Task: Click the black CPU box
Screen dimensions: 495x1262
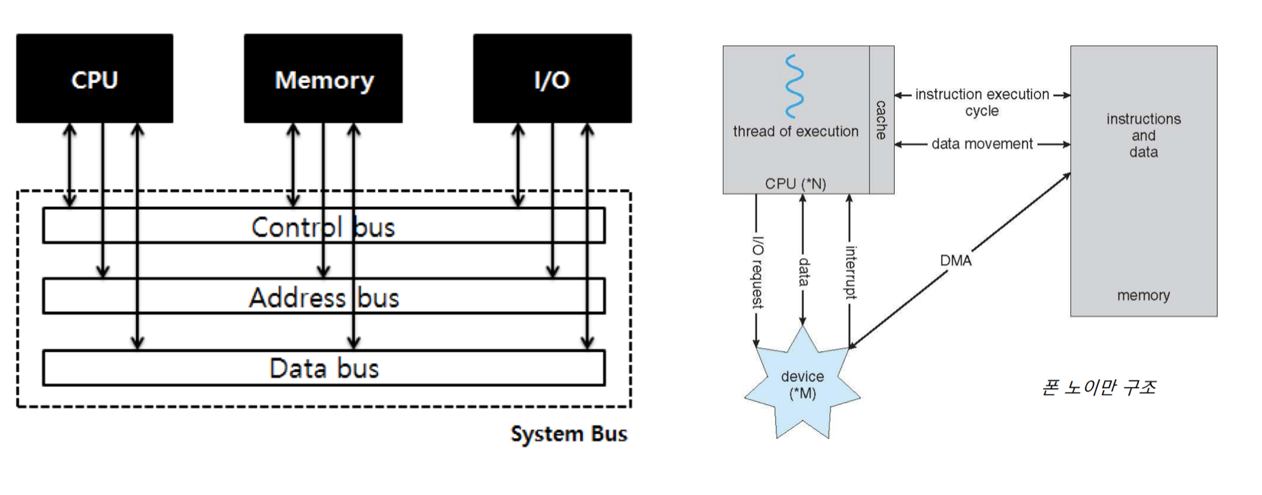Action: (95, 79)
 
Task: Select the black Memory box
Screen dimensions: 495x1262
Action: (324, 79)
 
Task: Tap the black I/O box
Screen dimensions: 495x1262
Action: (552, 79)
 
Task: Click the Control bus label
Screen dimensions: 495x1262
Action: (323, 227)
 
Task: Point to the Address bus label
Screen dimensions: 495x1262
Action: (324, 298)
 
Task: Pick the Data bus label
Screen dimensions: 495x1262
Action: (324, 369)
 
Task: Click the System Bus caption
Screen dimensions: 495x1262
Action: (568, 434)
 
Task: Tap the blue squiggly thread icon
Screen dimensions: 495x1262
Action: (794, 86)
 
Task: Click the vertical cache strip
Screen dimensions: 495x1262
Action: (881, 120)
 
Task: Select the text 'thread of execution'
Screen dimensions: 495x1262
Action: (796, 131)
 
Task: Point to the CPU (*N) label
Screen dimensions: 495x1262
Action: (795, 184)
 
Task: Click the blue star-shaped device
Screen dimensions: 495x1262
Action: (802, 385)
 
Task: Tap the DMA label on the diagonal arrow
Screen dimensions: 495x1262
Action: (955, 260)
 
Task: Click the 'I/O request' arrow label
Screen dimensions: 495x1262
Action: (757, 272)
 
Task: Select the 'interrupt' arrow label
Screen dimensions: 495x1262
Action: (850, 272)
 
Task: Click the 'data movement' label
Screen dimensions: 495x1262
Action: (982, 144)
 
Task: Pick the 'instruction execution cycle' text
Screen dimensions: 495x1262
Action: (982, 102)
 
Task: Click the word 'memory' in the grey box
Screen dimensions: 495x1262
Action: (1143, 295)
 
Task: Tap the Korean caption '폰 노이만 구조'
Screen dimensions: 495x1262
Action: (1098, 388)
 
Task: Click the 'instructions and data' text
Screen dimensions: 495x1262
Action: (1143, 135)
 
